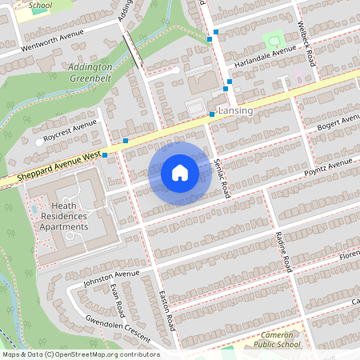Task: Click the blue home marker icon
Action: click(x=180, y=173)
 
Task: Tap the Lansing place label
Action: click(x=235, y=110)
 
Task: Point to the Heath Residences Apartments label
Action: click(x=64, y=217)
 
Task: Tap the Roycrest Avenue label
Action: click(x=70, y=130)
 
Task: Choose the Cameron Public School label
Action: click(x=273, y=339)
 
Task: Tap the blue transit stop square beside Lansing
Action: click(x=212, y=114)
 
